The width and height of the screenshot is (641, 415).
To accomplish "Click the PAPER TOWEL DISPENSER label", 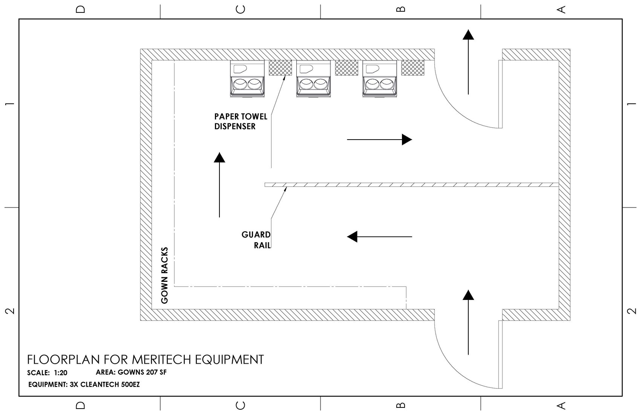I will (x=241, y=121).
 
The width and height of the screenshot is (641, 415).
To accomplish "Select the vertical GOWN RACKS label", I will (x=164, y=275).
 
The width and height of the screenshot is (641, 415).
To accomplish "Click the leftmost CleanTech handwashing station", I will (x=247, y=80).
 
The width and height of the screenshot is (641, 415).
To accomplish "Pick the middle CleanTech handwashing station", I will (x=313, y=80).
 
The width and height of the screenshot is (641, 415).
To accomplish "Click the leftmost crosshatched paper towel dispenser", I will (x=280, y=68).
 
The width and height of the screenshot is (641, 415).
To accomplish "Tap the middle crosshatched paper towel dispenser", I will (x=346, y=68).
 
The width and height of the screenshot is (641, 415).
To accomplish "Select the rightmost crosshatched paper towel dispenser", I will (x=413, y=68).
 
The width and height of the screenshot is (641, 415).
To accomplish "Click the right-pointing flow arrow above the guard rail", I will (x=379, y=140).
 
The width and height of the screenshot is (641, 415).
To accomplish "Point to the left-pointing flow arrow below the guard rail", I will (x=379, y=237).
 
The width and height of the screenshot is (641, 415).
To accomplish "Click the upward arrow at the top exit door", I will (x=468, y=62).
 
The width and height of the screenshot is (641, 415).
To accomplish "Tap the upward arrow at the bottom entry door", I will (x=468, y=322).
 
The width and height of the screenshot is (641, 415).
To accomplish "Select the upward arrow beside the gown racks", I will (x=219, y=185).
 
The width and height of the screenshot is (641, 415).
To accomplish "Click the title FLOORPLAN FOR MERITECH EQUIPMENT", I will (x=145, y=360).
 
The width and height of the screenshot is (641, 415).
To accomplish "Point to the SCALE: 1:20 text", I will (x=47, y=373).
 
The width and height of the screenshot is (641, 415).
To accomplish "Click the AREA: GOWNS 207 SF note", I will (x=131, y=372).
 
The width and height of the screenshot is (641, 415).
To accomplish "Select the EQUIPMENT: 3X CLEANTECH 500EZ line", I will (x=84, y=385).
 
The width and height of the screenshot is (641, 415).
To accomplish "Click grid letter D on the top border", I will (x=80, y=9).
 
